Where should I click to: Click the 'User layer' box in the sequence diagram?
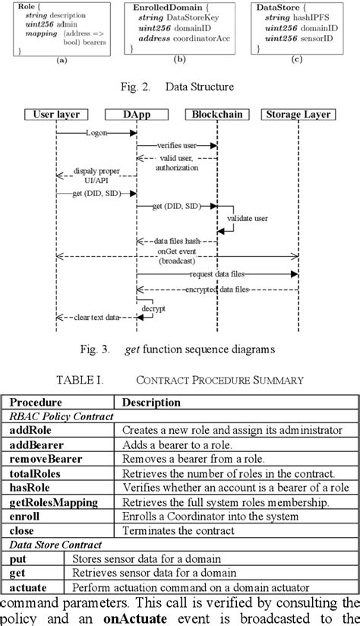click(56, 115)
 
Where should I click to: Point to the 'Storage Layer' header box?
click(297, 115)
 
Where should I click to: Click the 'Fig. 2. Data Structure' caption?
click(179, 87)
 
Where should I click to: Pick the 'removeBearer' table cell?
click(46, 459)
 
